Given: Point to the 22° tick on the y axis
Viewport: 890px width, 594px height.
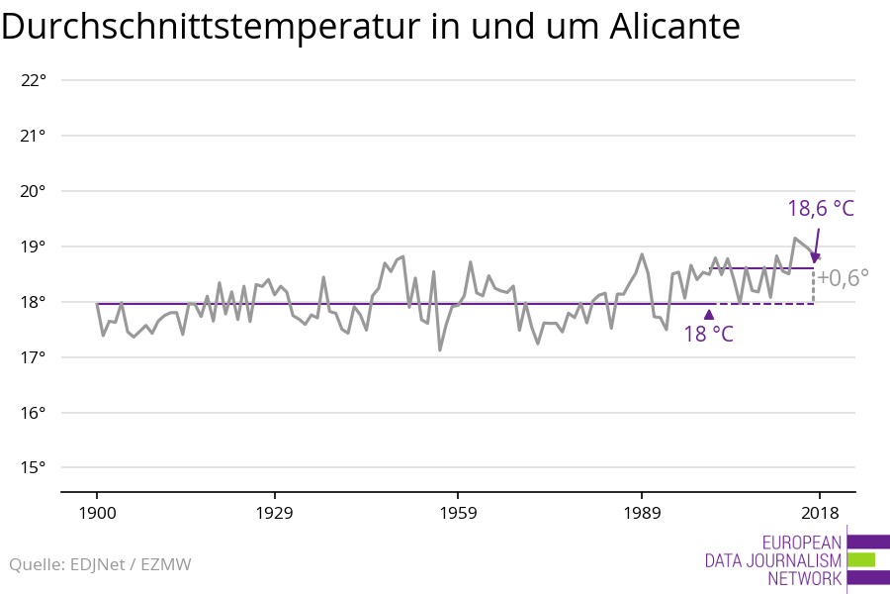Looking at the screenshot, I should [34, 80].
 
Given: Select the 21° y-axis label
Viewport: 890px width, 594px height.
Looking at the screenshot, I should [34, 136].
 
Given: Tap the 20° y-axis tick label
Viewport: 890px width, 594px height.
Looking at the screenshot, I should [34, 191].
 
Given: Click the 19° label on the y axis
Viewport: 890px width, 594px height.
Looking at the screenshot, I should [34, 247].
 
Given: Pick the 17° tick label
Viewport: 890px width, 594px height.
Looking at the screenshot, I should [34, 357].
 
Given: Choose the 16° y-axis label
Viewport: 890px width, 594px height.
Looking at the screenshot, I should [34, 413].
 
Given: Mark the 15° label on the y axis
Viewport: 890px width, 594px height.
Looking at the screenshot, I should [34, 468].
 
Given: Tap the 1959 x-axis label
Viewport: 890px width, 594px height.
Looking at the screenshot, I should [458, 513].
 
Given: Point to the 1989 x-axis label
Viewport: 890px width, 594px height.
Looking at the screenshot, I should [642, 513].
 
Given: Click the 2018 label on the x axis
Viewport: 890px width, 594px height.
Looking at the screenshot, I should [819, 513].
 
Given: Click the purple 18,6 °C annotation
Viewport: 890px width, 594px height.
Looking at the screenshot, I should [820, 209].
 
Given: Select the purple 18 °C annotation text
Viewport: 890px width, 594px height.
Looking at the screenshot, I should [708, 334].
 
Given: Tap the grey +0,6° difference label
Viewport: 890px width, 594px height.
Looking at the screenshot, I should [843, 278].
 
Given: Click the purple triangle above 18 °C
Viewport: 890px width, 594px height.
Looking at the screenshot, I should [708, 315].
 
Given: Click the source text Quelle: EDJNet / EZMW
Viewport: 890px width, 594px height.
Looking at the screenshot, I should [100, 565].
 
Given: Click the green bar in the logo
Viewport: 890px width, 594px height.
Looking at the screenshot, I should [860, 559].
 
